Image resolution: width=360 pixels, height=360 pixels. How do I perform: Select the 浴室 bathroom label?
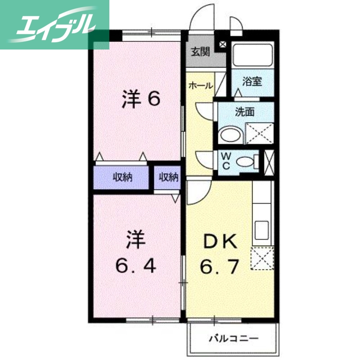pos(252,82)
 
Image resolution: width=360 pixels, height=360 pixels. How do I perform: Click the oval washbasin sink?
pos(230,135)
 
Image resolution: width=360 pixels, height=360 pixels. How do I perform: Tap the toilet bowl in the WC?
pos(245,161)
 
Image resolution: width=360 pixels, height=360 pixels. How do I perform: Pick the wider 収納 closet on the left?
pos(122,177)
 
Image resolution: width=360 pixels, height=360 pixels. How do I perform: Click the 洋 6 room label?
pos(141,99)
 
